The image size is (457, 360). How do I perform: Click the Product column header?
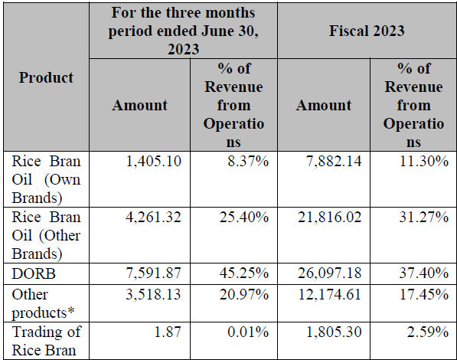46,77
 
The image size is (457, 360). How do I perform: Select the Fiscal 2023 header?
367,31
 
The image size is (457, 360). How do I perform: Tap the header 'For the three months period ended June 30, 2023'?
183,31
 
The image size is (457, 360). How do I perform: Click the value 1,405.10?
153,161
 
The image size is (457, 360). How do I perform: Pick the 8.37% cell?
248,161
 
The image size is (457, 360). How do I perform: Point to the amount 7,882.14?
334,161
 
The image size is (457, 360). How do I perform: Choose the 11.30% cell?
424,161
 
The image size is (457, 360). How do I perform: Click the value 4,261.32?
153,217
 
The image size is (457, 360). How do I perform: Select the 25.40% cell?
244,217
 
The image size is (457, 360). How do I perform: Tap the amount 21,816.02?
330,217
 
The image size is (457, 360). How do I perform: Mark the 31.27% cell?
424,217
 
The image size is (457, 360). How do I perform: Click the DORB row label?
34,273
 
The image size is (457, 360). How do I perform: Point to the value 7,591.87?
153,273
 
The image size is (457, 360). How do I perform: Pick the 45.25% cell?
244,273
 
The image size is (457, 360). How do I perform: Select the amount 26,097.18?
330,273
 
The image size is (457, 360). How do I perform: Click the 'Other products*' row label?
43,303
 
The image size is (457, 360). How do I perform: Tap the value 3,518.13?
153,294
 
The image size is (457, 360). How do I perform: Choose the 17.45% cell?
424,294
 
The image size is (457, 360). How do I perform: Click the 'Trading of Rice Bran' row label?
47,341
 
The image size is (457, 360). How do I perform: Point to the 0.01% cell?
248,332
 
